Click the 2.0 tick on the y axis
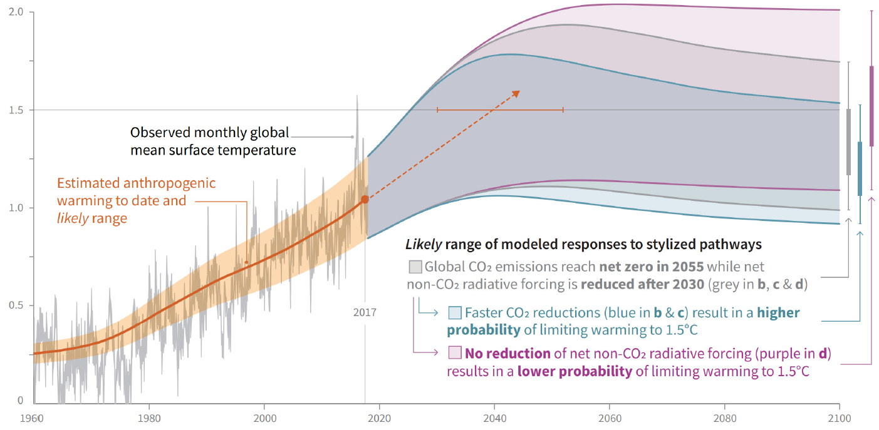16,13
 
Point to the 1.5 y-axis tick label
16,110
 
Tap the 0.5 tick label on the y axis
16,305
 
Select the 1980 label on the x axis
148,416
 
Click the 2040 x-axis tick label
495,416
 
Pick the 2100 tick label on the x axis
840,416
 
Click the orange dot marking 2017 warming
365,200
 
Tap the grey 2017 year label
365,311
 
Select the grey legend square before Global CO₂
415,267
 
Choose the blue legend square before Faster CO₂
455,312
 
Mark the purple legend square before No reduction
455,353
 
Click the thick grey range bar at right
848,142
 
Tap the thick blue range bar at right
860,168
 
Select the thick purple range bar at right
871,106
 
